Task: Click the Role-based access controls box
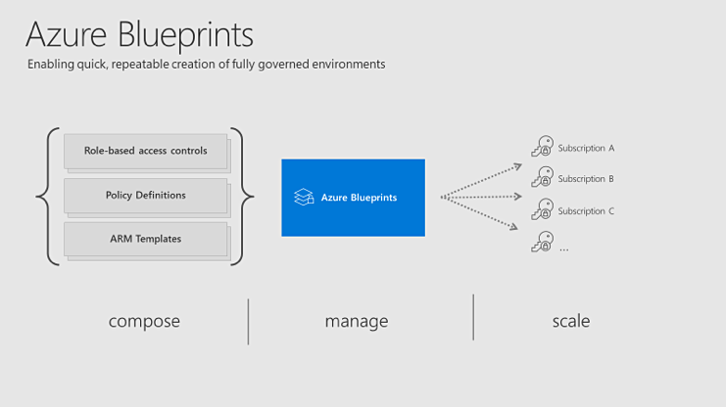click(145, 152)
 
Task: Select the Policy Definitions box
click(145, 196)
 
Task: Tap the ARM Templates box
click(145, 239)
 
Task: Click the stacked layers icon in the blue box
click(304, 197)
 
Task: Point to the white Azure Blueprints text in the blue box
click(359, 198)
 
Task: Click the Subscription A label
click(586, 148)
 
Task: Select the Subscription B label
click(586, 178)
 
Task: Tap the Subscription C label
click(586, 211)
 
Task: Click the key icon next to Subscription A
click(542, 146)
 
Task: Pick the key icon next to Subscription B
click(542, 177)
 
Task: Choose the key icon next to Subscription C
click(542, 209)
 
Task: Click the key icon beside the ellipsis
click(542, 242)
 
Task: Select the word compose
click(144, 322)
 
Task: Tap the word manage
click(357, 322)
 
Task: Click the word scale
click(571, 321)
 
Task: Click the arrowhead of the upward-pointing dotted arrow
click(518, 166)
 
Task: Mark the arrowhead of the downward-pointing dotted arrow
click(513, 227)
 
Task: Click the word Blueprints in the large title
click(186, 36)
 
